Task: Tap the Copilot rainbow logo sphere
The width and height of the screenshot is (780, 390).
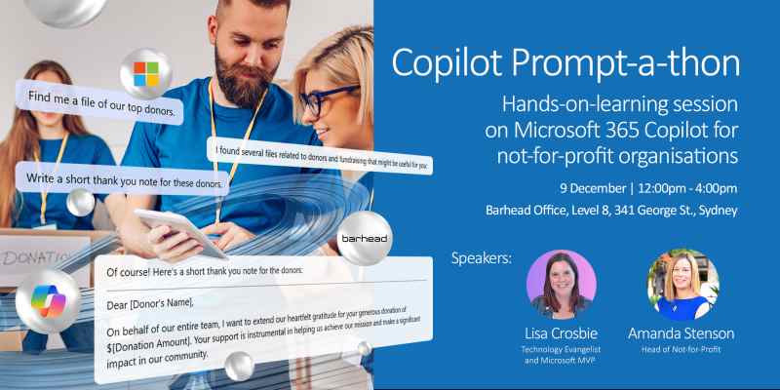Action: coord(47,303)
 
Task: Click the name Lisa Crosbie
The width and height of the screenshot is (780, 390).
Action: coord(561,333)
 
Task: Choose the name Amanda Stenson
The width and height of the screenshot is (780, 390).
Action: coord(682,333)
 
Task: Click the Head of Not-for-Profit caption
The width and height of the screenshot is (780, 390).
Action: coord(682,352)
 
